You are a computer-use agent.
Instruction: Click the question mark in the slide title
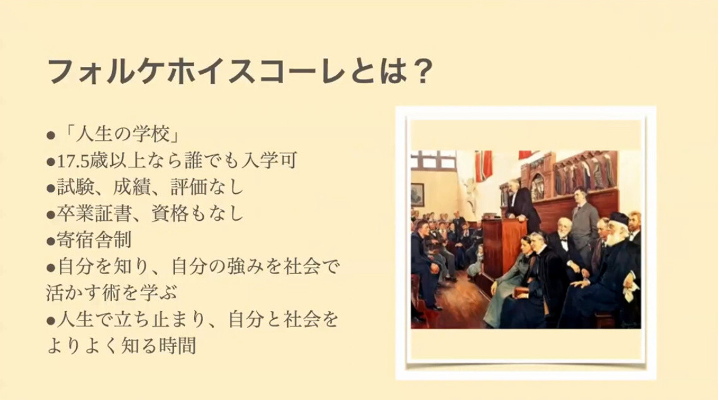point(419,71)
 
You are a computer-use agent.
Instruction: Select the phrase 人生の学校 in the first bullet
point(121,135)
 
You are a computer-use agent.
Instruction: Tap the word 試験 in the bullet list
point(76,187)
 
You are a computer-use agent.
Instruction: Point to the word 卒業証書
point(95,213)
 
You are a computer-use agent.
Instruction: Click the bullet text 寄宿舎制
point(95,240)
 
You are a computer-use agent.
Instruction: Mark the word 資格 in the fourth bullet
point(170,213)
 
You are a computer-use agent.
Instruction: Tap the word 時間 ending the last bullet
point(178,346)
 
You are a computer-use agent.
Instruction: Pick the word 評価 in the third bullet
point(188,187)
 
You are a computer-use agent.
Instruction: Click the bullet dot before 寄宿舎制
point(51,241)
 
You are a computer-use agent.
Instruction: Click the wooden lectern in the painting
point(500,247)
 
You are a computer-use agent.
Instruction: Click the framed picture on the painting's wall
point(417,195)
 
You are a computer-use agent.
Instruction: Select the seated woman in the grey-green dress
point(508,279)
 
